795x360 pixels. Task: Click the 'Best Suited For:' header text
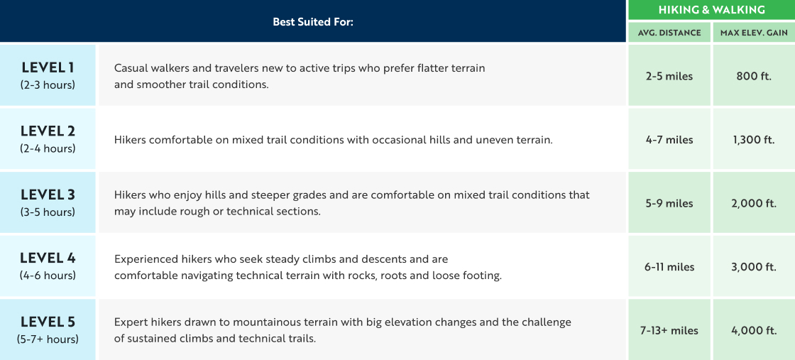(x=312, y=22)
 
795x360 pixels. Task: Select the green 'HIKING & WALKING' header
(x=711, y=10)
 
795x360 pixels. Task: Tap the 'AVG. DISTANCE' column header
(x=669, y=33)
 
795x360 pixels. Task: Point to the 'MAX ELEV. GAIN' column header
(x=754, y=33)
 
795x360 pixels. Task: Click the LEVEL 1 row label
(x=48, y=68)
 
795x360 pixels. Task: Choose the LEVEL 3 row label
(x=48, y=195)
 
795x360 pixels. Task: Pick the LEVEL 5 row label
(x=48, y=322)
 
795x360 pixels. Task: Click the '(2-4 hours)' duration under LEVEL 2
(x=48, y=148)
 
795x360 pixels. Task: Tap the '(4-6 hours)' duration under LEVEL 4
(x=48, y=276)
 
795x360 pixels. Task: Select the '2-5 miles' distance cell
(x=669, y=76)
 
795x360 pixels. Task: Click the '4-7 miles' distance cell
(x=669, y=140)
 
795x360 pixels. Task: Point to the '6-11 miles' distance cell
(x=669, y=267)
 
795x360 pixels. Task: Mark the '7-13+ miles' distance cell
(x=669, y=330)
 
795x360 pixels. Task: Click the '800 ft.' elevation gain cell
(x=754, y=76)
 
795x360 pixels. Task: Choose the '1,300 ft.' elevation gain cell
(x=754, y=140)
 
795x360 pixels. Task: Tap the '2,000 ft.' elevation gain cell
(x=754, y=203)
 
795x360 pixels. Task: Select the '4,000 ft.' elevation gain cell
(x=754, y=330)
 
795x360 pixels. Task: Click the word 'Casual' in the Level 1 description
(x=131, y=68)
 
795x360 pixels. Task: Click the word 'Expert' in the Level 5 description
(x=131, y=322)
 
